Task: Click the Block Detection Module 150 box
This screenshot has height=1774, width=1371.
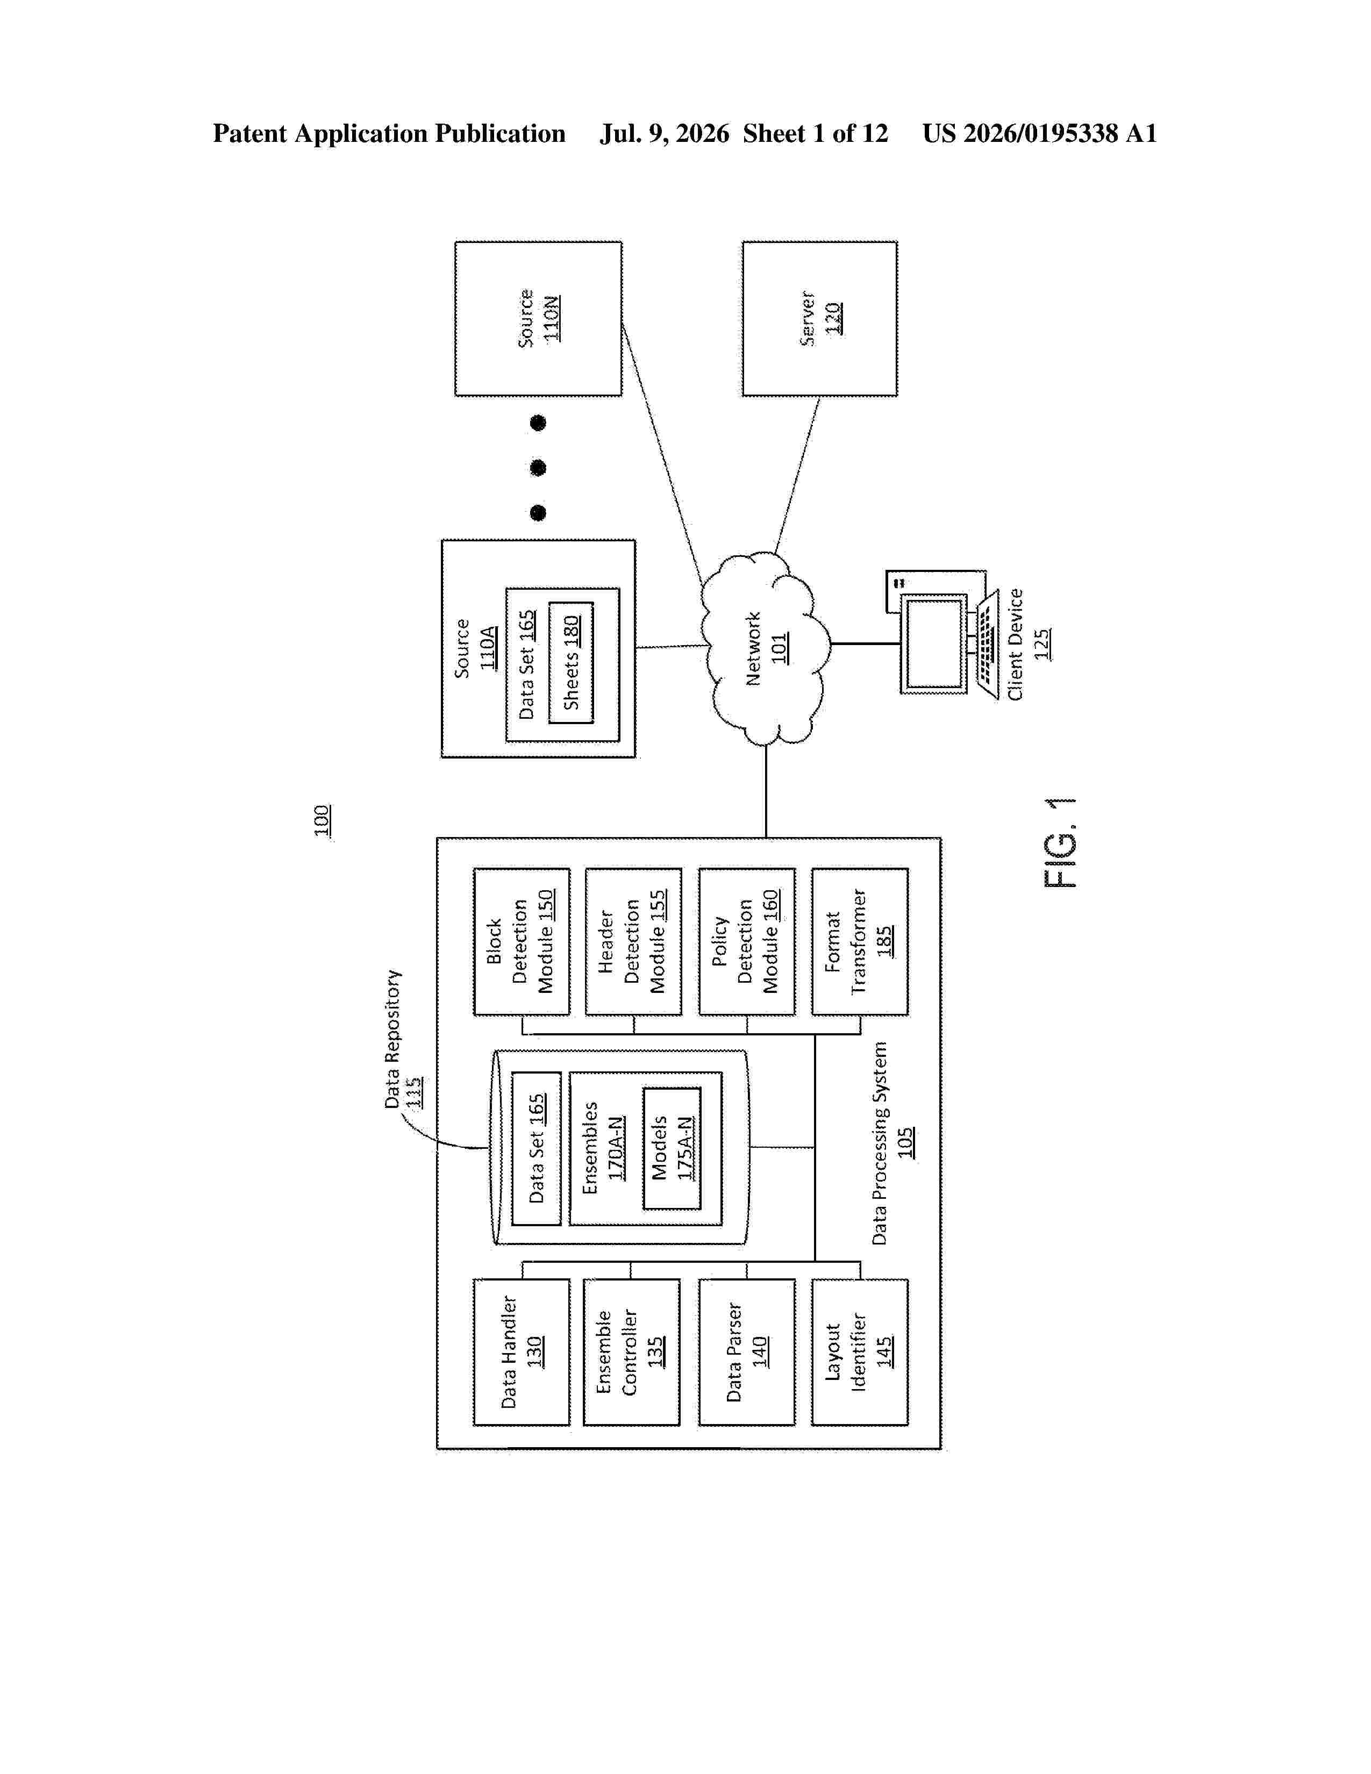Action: pos(522,941)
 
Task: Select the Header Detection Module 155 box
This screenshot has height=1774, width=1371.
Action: pos(633,941)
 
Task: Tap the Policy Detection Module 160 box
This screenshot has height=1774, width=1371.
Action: pos(746,941)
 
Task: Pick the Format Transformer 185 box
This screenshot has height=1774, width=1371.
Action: pos(859,941)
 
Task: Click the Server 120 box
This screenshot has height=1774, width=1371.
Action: pos(819,318)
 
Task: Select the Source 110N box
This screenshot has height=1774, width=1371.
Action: pos(539,318)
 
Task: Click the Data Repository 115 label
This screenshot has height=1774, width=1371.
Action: pos(404,1039)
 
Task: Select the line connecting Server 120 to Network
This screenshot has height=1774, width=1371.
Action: pos(797,476)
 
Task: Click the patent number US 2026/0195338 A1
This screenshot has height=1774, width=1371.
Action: pos(1040,133)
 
